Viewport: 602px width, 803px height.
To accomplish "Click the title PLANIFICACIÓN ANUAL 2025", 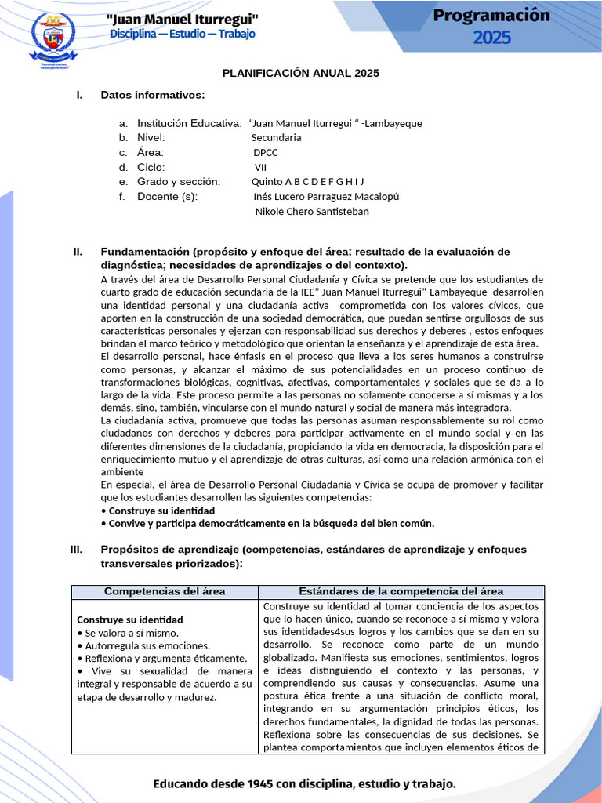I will [300, 73].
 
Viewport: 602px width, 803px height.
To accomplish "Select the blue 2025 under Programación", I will [491, 37].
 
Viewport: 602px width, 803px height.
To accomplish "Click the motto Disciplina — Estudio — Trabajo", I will [182, 34].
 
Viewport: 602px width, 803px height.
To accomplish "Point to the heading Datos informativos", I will [153, 95].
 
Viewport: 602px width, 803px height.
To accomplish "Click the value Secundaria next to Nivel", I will [276, 137].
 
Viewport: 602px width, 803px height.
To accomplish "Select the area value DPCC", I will [265, 152].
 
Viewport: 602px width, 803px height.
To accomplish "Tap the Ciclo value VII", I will [260, 167].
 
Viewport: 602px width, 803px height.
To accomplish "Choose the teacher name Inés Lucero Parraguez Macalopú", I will [326, 196].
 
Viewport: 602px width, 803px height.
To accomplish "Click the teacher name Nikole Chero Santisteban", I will [312, 211].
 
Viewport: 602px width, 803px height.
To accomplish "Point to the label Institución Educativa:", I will [189, 123].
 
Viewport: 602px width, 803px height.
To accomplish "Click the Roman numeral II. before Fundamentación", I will [78, 252].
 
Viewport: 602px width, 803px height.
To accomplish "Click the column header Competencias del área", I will [165, 591].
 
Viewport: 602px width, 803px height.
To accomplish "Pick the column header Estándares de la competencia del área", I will [401, 591].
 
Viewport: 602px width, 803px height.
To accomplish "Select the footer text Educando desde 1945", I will [304, 783].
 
